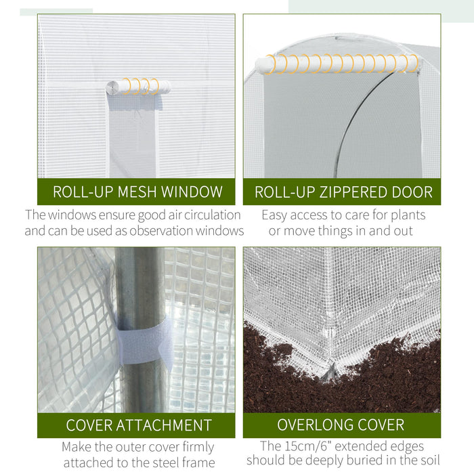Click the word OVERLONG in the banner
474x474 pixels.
(313, 426)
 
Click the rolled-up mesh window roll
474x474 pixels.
(138, 87)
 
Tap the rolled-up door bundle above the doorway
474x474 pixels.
(337, 64)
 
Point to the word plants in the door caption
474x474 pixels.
(407, 215)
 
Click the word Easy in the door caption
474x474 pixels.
(276, 215)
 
